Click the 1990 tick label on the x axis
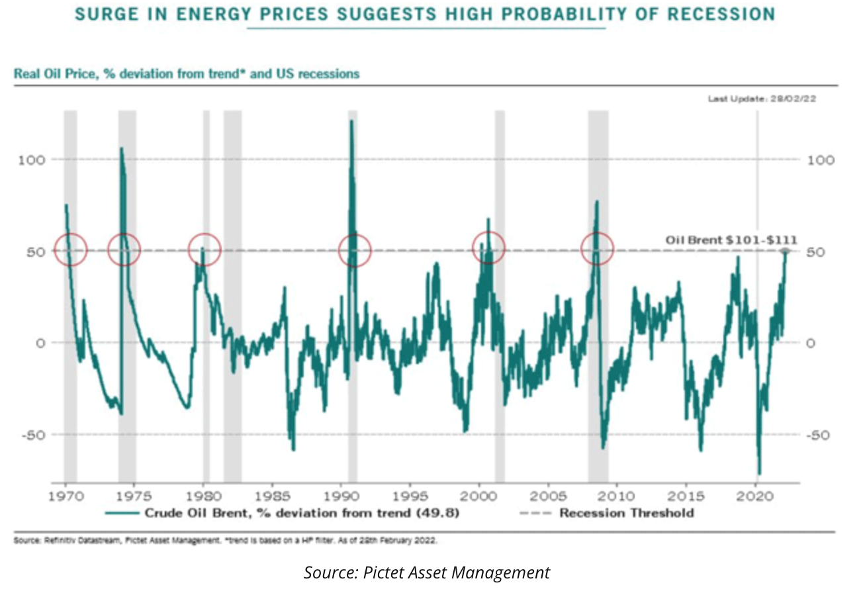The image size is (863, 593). (341, 495)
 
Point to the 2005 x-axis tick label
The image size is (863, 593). (549, 495)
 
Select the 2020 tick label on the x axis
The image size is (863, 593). (756, 495)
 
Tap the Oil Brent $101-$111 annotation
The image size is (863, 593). (731, 240)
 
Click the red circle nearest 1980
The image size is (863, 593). (204, 250)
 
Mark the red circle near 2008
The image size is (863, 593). (597, 250)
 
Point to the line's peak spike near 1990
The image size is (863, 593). (351, 121)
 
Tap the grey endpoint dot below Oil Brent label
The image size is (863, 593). (786, 251)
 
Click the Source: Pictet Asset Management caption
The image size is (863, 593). (427, 572)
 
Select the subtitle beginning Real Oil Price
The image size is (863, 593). (186, 73)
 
